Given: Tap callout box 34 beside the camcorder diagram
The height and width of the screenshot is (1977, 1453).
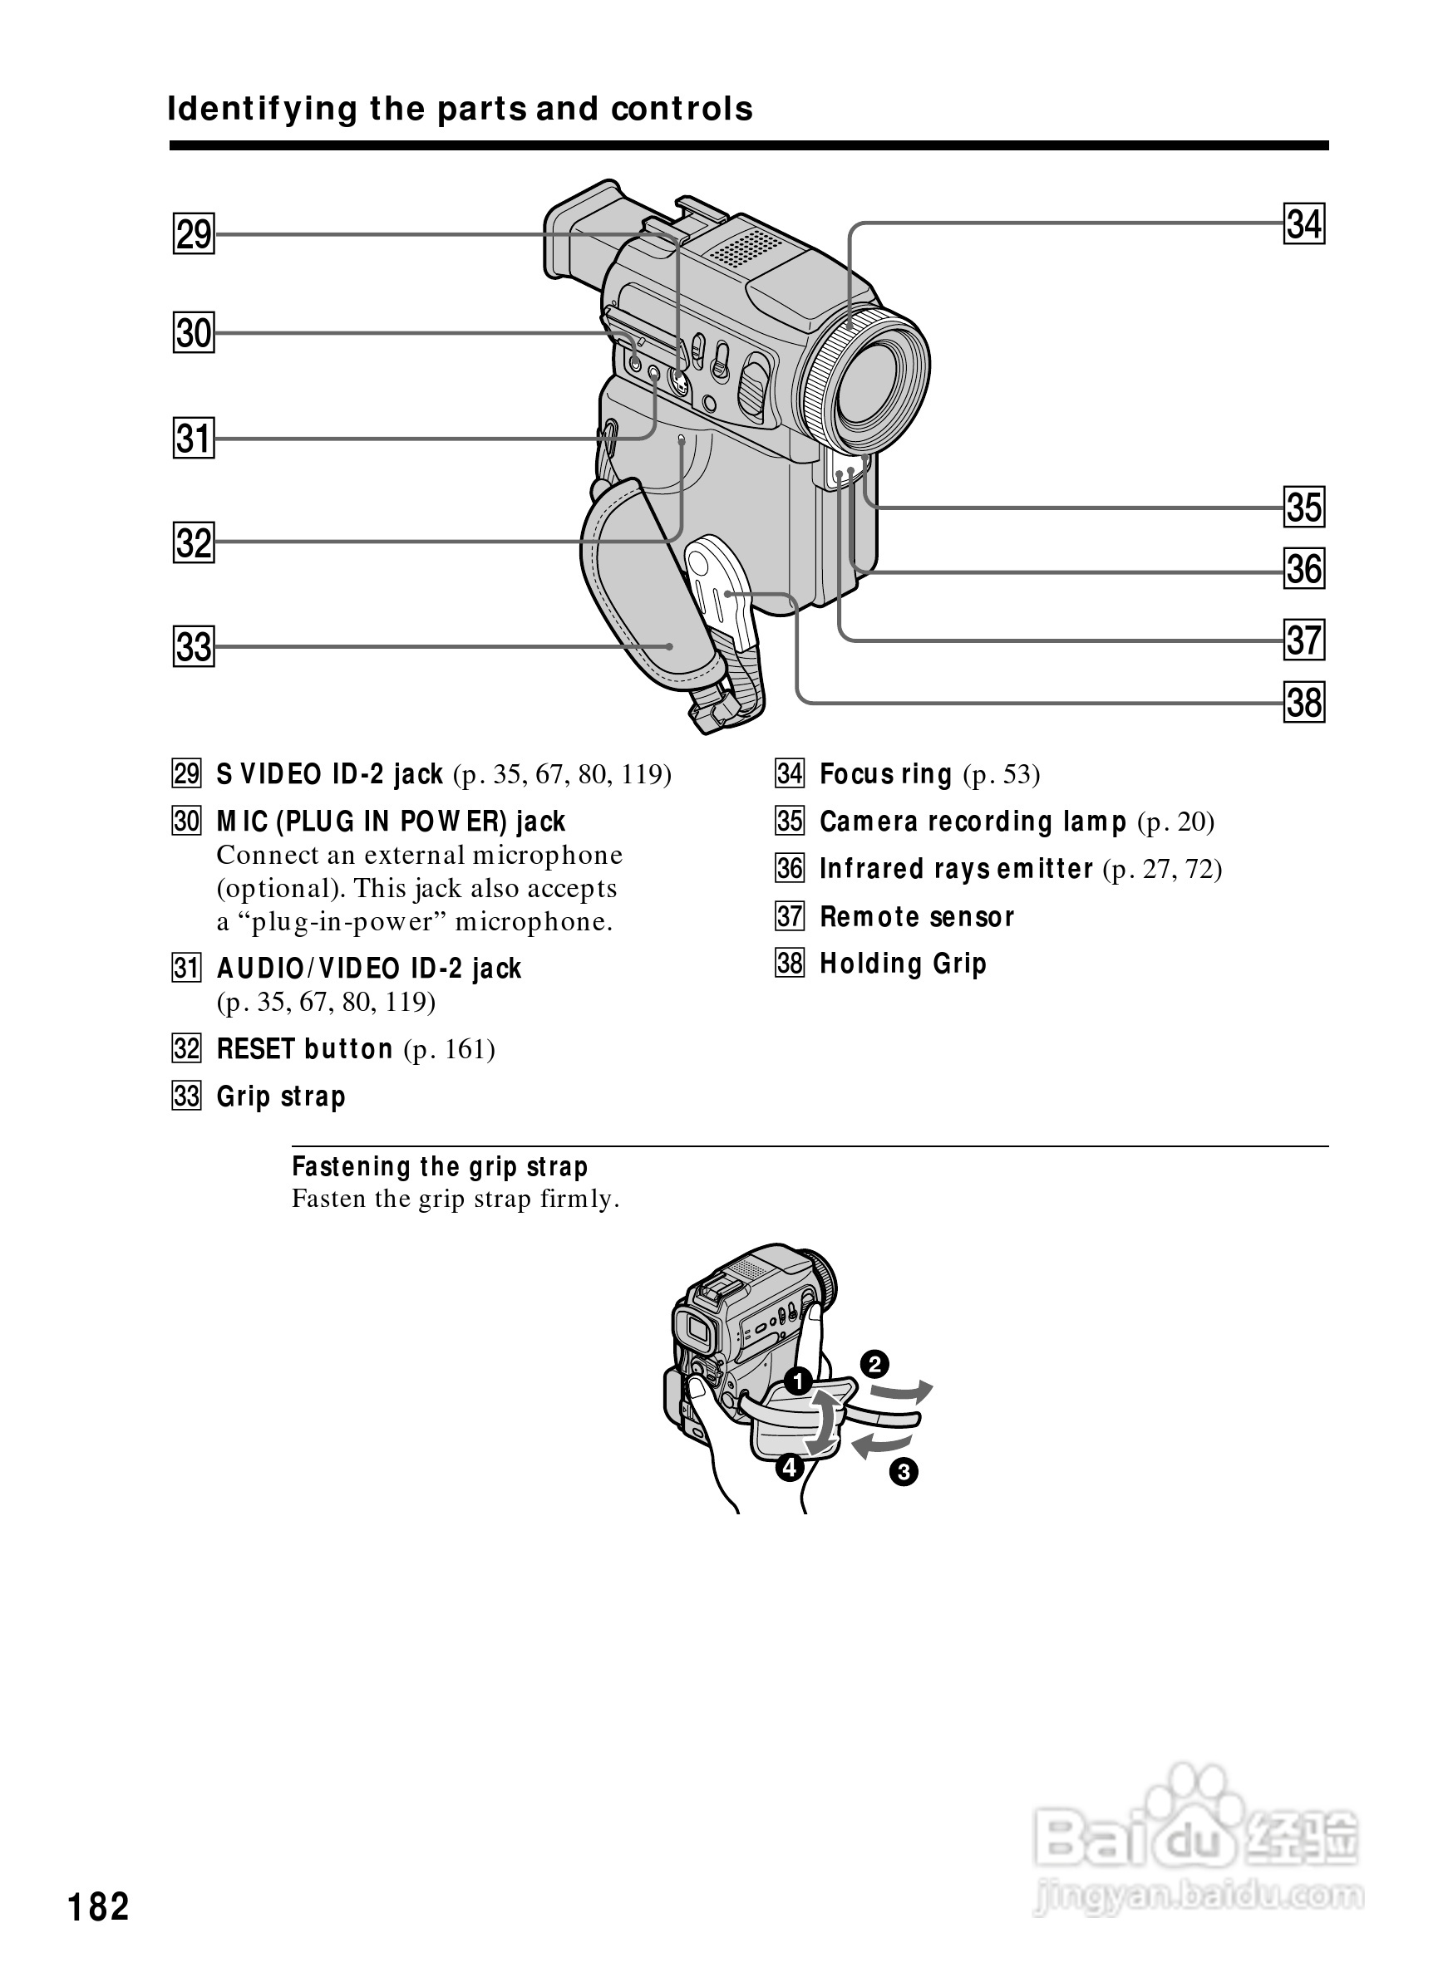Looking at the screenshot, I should click(x=1303, y=223).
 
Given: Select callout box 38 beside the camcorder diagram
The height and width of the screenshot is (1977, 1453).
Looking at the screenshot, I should click(x=1303, y=703).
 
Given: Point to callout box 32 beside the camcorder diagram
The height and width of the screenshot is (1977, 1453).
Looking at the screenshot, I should click(x=194, y=542).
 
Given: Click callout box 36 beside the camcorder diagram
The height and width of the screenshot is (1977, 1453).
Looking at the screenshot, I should click(x=1303, y=568).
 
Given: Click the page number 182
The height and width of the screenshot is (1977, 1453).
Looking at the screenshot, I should click(x=99, y=1906).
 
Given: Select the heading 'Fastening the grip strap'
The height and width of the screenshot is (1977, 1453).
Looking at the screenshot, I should click(x=440, y=1166).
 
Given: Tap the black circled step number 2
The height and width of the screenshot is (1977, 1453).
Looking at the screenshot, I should click(x=874, y=1364).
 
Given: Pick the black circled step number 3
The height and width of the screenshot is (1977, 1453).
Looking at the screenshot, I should click(x=904, y=1472).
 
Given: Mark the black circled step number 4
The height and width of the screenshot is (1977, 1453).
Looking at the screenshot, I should click(x=789, y=1467).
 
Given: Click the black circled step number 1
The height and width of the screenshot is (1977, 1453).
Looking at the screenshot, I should click(x=798, y=1381).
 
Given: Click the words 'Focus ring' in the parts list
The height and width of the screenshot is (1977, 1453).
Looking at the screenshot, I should click(x=886, y=774).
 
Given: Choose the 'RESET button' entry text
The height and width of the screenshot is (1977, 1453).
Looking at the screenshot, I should click(x=304, y=1048).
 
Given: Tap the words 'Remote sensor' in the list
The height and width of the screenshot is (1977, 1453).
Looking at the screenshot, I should click(x=917, y=917).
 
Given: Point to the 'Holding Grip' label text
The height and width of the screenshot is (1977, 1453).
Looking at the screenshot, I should click(x=903, y=964).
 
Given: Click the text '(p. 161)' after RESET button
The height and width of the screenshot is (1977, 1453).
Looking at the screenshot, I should click(x=449, y=1050).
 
